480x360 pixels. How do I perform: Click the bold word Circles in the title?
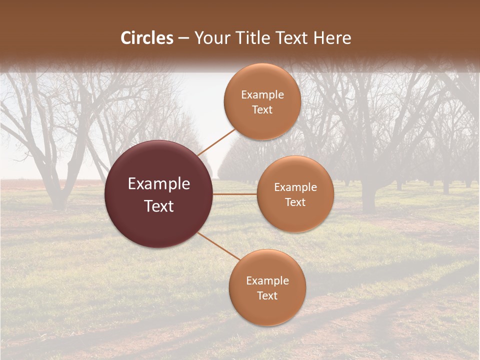pos(147,38)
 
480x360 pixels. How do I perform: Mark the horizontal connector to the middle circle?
pos(235,194)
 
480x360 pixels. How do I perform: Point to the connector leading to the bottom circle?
pos(220,246)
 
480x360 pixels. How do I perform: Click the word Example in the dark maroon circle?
pos(159,184)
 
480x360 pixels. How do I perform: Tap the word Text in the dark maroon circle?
pos(159,206)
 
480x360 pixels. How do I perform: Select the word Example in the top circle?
pos(262,95)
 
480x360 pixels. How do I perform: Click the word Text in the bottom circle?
pos(267,295)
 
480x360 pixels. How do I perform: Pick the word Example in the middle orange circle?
pos(295,187)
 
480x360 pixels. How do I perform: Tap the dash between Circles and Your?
pos(183,38)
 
